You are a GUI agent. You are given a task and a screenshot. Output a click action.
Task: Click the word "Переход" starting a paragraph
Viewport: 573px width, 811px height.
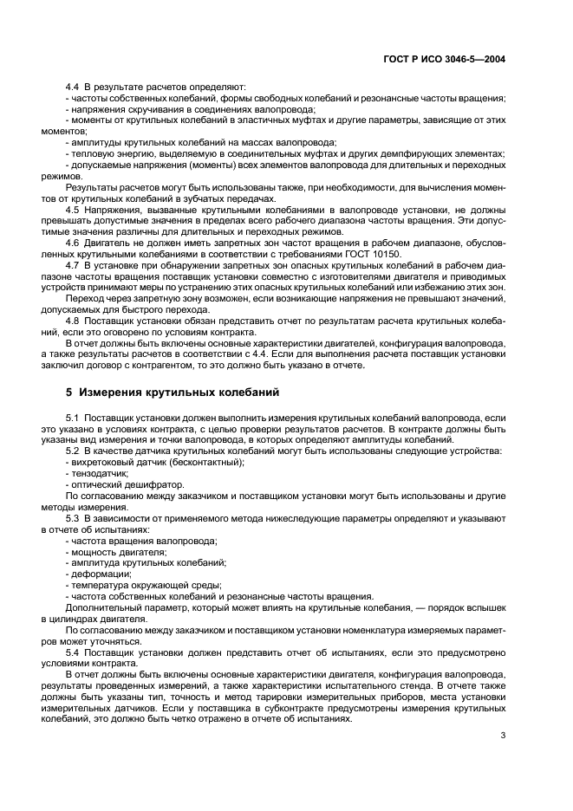coord(83,298)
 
